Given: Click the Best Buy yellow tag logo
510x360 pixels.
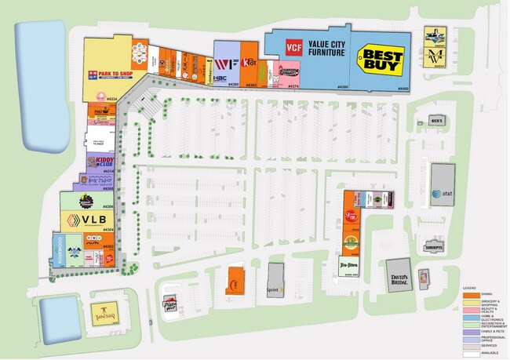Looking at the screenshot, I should [x=382, y=60].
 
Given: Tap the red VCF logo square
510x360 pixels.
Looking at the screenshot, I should [x=293, y=46].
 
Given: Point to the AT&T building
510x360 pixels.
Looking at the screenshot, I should [x=443, y=185].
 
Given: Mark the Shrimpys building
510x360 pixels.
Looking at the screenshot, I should [x=434, y=245].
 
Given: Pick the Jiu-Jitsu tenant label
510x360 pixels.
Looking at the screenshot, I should [x=350, y=265].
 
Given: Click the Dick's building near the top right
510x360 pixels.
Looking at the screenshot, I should [x=436, y=121].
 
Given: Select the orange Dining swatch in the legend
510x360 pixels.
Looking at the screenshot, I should [x=469, y=294].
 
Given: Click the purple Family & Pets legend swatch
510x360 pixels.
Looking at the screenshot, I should [x=469, y=332].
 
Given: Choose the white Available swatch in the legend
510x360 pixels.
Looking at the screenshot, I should [x=469, y=354].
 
